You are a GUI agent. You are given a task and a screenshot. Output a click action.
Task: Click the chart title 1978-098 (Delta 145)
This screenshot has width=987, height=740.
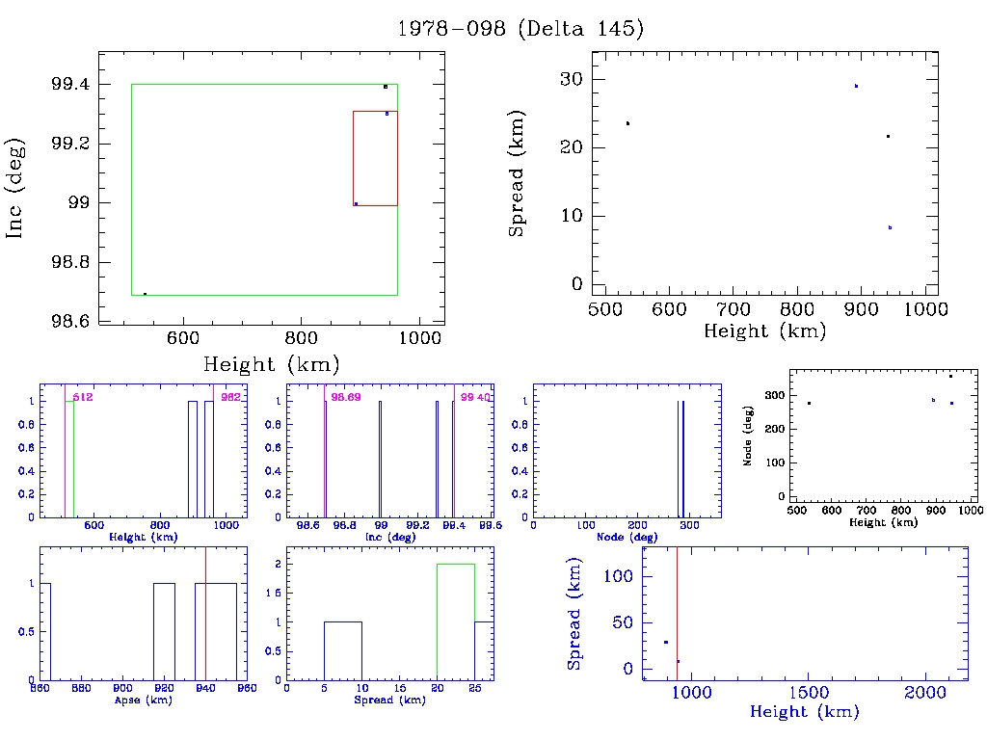pos(520,29)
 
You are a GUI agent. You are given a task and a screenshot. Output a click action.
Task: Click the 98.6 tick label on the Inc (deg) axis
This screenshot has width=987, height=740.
pos(70,322)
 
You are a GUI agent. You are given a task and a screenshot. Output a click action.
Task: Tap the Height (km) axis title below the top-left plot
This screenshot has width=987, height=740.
pos(271,364)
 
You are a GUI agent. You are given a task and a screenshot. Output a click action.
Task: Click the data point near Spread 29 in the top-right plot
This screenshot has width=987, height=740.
pos(856,86)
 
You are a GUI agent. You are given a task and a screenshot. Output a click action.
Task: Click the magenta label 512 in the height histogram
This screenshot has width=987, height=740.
pos(82,397)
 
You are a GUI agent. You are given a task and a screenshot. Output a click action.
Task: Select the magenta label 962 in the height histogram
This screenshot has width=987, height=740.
pos(230,397)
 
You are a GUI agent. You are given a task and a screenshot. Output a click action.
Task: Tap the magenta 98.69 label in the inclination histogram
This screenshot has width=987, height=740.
pos(344,397)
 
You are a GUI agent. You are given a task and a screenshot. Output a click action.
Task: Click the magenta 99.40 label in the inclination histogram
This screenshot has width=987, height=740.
pos(474,397)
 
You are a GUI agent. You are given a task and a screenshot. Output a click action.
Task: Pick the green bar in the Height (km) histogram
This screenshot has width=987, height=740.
pos(69,459)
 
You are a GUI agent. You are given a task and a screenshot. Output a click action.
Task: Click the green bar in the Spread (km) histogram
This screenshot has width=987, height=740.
pos(456,621)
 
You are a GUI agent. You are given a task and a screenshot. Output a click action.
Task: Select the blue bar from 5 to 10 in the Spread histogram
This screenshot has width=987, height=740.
pos(343,650)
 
